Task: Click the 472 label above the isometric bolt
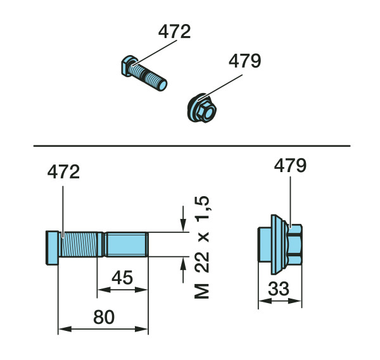coord(175,32)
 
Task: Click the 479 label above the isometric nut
coord(244,61)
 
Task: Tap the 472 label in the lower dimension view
coord(63,171)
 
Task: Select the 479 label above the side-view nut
coord(290,166)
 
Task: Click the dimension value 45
coord(122,278)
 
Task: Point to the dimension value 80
coord(104,317)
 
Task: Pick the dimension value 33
coord(279,289)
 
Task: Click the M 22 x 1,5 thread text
coord(202,247)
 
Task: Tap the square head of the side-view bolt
coord(52,247)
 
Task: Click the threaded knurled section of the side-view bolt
coord(80,244)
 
